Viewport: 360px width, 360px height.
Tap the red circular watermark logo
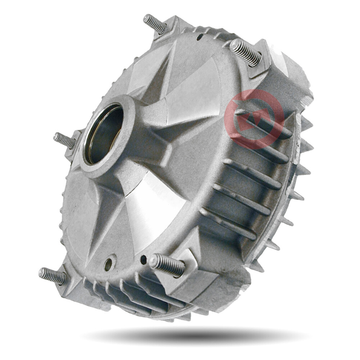[x=254, y=119]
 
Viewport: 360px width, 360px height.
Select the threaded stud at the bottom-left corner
[x=53, y=276]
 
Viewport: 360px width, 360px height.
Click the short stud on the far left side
[x=64, y=140]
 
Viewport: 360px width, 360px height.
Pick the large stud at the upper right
[x=245, y=52]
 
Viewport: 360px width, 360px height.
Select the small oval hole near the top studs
[x=199, y=36]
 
